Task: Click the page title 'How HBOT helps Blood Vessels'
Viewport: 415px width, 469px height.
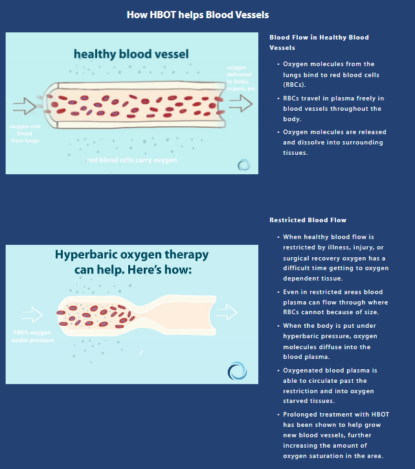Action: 197,15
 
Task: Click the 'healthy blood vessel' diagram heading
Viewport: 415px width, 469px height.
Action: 131,54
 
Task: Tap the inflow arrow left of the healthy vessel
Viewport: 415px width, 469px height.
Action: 25,106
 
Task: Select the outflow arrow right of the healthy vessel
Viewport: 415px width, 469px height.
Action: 241,104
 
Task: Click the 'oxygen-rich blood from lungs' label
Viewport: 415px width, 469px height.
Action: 25,133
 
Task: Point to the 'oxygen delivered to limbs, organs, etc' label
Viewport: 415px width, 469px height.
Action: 241,78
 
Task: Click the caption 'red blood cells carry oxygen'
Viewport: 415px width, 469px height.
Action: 132,160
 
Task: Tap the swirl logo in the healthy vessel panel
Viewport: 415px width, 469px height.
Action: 243,165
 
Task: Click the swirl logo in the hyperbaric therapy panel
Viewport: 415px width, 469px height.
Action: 237,371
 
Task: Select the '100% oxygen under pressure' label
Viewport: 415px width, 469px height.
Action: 32,336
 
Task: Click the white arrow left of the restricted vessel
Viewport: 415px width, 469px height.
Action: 32,315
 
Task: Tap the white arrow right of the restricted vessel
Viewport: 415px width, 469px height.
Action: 227,312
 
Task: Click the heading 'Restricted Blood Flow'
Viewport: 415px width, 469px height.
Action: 308,220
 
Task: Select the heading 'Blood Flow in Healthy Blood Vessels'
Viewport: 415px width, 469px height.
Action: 319,43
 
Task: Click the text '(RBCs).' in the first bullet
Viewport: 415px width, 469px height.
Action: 295,85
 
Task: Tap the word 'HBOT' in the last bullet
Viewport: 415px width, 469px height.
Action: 380,415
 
